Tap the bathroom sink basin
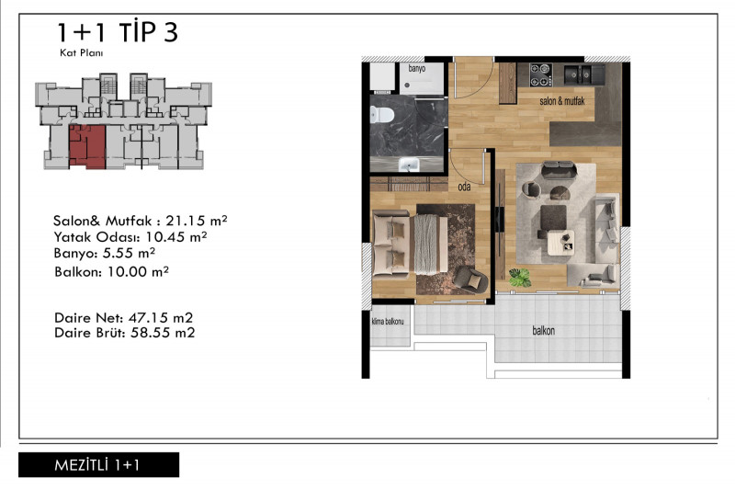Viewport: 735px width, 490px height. [409, 165]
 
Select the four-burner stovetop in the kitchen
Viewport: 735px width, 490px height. [540, 75]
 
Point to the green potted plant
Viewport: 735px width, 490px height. [520, 277]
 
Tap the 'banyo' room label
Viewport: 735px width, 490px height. [417, 68]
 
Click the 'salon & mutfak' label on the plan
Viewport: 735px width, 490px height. [562, 101]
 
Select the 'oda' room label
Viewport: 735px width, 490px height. [464, 187]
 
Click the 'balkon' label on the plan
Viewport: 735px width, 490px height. [544, 331]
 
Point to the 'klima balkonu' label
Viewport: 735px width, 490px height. [387, 322]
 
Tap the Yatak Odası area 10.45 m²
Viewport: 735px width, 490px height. [176, 236]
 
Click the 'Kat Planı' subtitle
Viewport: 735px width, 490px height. [82, 53]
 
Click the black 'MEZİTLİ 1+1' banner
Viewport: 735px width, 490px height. [98, 464]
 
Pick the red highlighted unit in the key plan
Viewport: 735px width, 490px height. [87, 146]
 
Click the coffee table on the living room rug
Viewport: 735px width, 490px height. [560, 243]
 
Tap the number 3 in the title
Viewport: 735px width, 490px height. [171, 32]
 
